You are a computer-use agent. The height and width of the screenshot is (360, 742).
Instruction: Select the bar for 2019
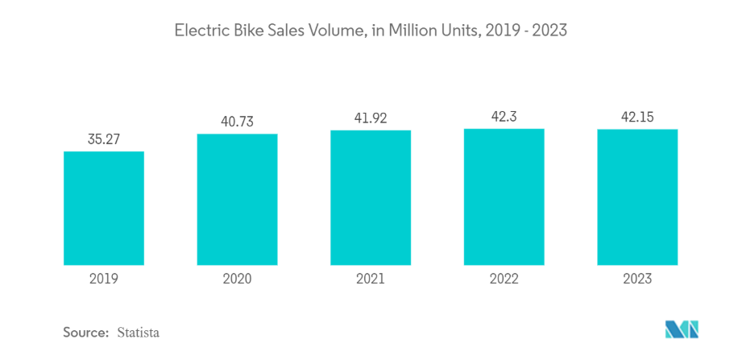click(x=104, y=208)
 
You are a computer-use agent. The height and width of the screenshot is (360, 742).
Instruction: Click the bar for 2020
click(x=237, y=199)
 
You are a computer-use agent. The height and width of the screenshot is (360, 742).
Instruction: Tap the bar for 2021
click(x=371, y=197)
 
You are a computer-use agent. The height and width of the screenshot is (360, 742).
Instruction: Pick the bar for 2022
click(x=504, y=197)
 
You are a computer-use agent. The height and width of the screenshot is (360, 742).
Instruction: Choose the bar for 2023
click(x=637, y=197)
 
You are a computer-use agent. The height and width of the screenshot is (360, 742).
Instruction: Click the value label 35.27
click(x=104, y=139)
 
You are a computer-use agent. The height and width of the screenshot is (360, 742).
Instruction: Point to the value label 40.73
click(x=237, y=122)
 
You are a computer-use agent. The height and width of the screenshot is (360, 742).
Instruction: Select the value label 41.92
click(x=371, y=118)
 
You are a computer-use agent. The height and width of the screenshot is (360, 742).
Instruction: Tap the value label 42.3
click(x=504, y=117)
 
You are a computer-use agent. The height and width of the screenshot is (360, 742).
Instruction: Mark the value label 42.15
click(x=637, y=118)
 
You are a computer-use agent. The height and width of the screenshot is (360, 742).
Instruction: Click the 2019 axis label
click(x=104, y=279)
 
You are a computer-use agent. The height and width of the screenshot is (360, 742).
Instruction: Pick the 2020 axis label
click(x=237, y=279)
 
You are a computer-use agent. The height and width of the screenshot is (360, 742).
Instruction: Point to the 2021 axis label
click(x=371, y=279)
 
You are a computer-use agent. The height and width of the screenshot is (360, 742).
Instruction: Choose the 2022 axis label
click(x=504, y=279)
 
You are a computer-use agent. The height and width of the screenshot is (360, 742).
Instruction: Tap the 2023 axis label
click(x=637, y=279)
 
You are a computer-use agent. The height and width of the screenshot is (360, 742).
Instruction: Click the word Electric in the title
click(x=197, y=31)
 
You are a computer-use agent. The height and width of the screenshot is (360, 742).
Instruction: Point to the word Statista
click(x=138, y=332)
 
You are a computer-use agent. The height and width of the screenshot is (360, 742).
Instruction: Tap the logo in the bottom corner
click(x=682, y=329)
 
